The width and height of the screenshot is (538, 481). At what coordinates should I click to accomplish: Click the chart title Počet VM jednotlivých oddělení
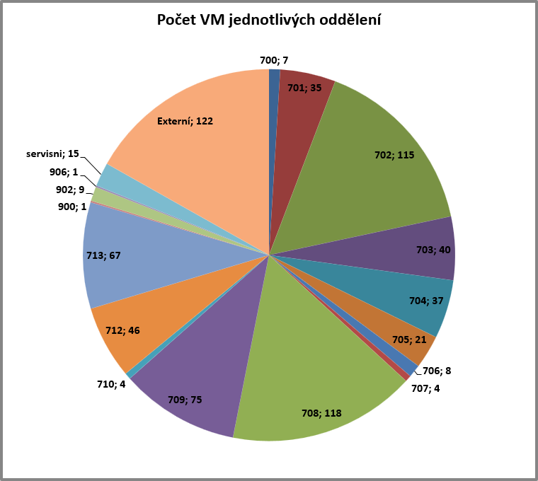[269, 21]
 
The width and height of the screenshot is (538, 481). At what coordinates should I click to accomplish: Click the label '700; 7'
[274, 60]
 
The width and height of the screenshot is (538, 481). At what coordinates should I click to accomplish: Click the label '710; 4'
[111, 384]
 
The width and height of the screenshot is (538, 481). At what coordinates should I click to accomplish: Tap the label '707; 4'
[425, 388]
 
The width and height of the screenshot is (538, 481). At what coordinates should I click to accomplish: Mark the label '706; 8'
[436, 371]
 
